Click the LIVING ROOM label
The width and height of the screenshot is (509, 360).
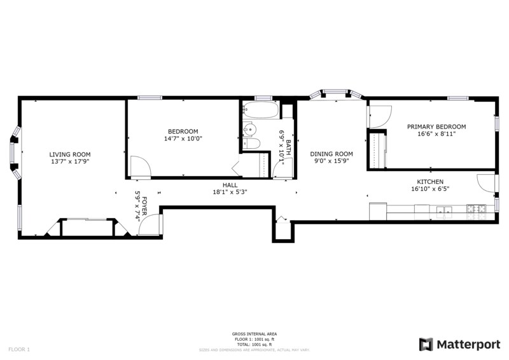tap(70, 155)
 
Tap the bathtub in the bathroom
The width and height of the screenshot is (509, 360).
tap(261, 111)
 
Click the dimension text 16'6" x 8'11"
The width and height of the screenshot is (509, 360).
tap(436, 135)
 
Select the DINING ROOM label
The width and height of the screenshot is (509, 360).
tap(331, 154)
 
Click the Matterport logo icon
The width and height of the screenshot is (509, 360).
tap(426, 344)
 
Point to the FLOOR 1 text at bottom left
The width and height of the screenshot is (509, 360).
tap(19, 349)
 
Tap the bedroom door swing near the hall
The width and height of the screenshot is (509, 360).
tap(140, 167)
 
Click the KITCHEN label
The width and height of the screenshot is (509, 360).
tap(430, 182)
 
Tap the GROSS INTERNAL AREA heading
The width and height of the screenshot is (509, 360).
tap(254, 334)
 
